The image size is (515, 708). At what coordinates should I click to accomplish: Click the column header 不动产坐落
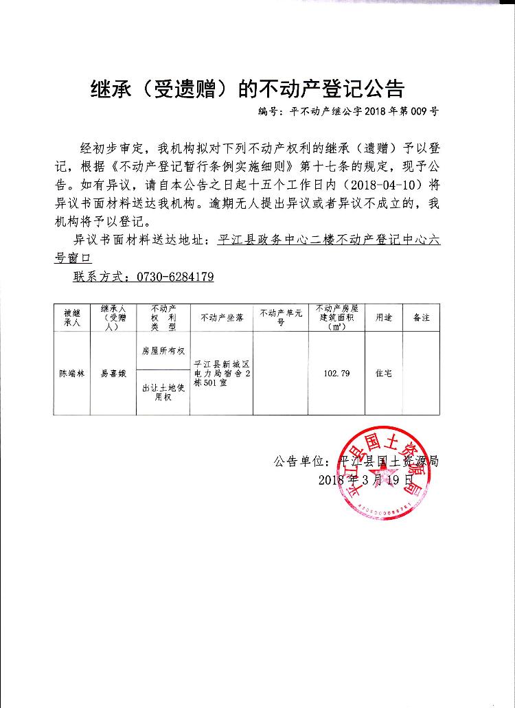click(x=221, y=318)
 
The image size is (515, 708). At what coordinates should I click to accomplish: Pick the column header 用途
click(x=383, y=318)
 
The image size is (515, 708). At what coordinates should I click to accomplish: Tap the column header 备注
click(x=421, y=318)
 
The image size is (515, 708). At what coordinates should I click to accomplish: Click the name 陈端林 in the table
click(x=72, y=374)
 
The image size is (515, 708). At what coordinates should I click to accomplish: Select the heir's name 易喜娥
click(x=113, y=374)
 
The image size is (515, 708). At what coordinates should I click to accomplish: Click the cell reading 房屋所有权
click(x=163, y=350)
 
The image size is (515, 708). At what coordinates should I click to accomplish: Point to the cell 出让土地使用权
click(x=163, y=392)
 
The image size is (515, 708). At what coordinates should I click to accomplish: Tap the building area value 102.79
click(x=336, y=374)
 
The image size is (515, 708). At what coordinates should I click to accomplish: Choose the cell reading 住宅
click(x=383, y=374)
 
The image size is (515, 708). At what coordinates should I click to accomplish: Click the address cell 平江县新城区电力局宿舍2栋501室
click(x=221, y=374)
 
